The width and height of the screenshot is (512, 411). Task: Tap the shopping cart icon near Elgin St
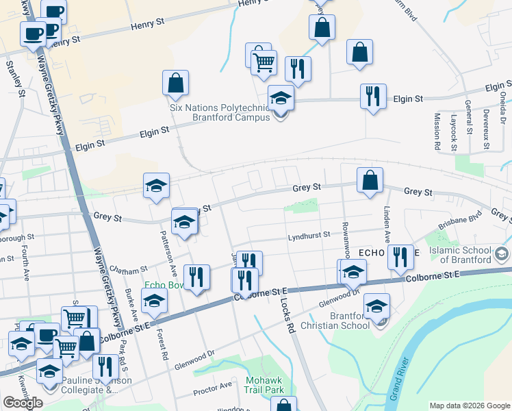264,63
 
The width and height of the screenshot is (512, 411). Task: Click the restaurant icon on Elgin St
373,96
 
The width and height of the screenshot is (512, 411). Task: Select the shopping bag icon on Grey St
370,181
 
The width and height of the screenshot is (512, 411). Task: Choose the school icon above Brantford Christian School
376,306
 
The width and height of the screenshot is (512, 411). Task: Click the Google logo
23,403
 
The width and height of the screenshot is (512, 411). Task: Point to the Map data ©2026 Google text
470,406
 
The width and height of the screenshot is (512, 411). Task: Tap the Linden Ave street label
387,227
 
